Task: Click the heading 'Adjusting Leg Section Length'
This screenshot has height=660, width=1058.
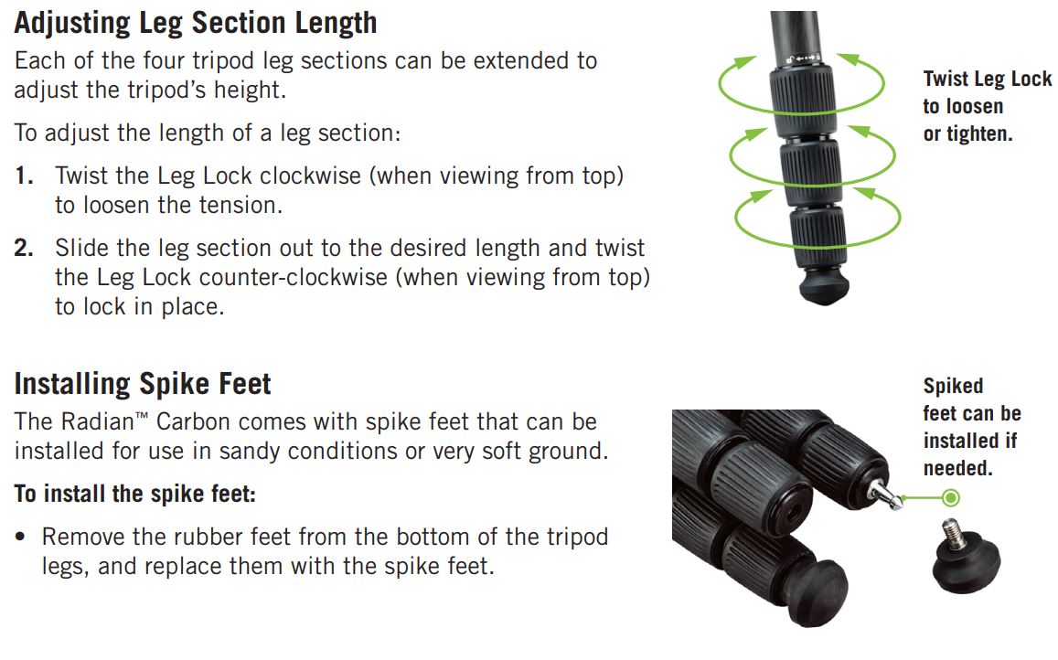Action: point(195,24)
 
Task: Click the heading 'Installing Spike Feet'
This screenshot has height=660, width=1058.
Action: point(143,384)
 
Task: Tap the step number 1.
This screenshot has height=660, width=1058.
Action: point(24,176)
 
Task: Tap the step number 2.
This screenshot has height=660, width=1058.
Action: point(24,249)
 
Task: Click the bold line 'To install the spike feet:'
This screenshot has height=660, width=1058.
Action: point(135,494)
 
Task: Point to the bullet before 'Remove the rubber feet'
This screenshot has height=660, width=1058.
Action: point(21,538)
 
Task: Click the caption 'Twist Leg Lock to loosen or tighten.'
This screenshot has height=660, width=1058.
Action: point(988,107)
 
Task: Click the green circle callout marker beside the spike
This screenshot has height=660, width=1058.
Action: point(951,498)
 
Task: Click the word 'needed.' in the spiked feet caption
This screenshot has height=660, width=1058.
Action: point(957,468)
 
